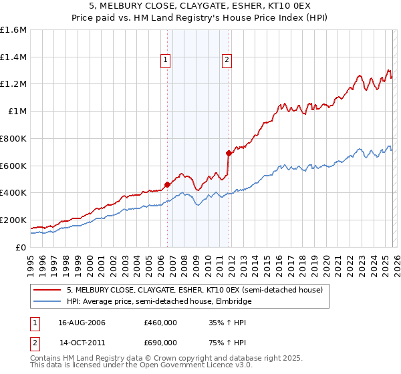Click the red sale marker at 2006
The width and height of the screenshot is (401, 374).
(167, 184)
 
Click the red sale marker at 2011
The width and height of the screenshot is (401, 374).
(229, 153)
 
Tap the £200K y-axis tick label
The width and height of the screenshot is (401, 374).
(13, 220)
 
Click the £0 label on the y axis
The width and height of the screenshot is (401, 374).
(21, 247)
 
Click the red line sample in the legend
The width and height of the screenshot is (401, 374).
(48, 290)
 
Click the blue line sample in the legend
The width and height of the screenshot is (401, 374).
(48, 301)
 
